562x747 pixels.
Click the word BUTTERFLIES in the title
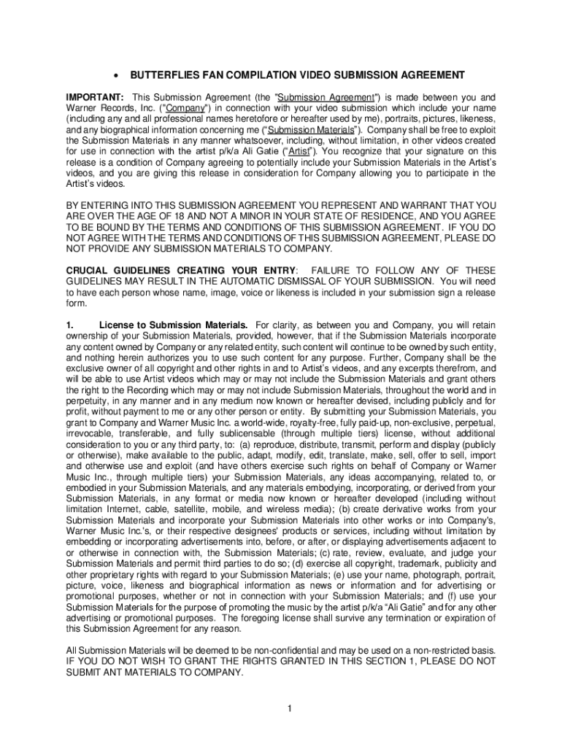point(161,75)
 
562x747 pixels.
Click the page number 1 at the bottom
point(290,708)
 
